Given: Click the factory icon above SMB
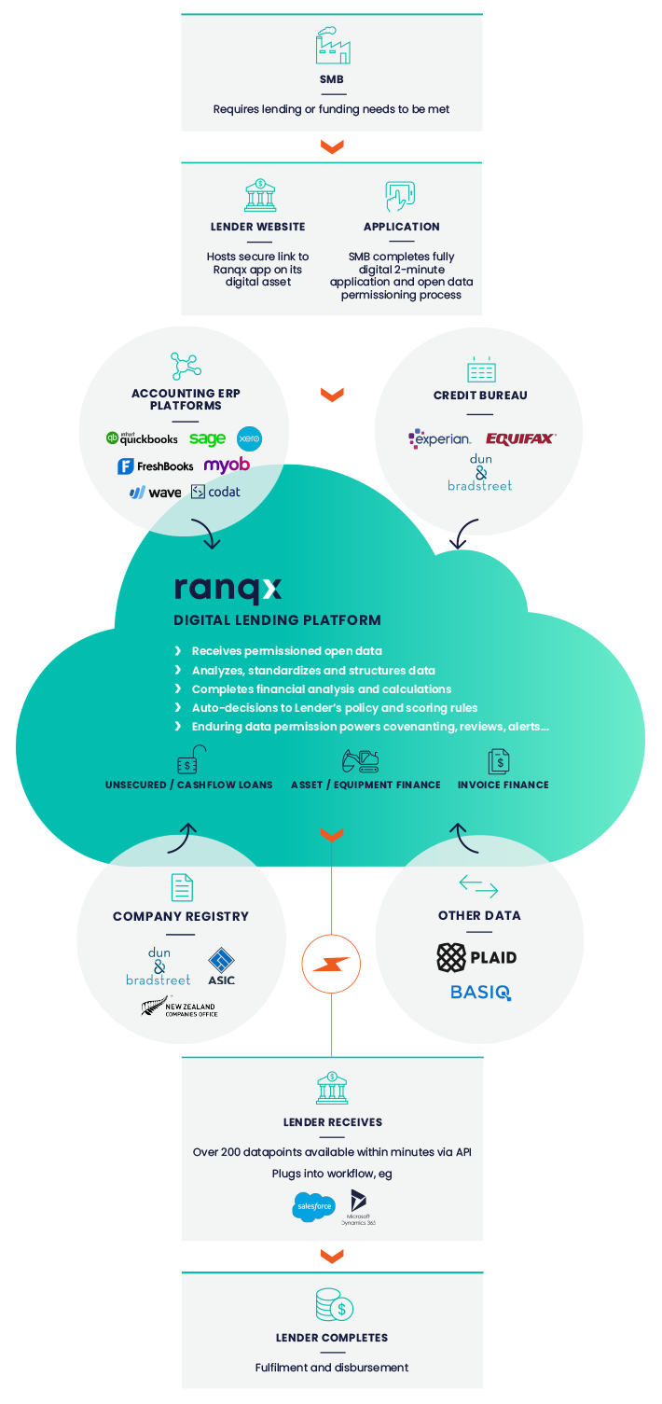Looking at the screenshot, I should point(332,46).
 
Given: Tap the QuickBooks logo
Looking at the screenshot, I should point(142,438).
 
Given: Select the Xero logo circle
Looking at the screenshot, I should point(249,438).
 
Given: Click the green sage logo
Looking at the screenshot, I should point(207,438).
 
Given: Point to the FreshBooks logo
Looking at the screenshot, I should point(156,466).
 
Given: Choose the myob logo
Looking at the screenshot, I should point(227,465).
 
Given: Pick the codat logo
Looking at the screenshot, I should point(215,492).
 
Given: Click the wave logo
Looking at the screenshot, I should point(155,492).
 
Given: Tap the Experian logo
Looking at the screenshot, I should point(440,438).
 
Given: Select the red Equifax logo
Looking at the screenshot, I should point(520,438).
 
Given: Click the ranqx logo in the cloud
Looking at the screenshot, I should point(228,590).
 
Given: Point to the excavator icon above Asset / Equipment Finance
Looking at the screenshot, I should point(360,761).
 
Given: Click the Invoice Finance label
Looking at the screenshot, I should point(503,785).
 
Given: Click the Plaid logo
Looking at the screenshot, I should point(476,957).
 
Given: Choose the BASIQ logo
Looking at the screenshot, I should point(480,992).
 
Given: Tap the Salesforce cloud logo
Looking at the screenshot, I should point(313,1206).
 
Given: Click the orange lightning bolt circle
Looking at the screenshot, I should point(331,964).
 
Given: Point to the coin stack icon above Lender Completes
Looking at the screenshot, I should point(333,1304).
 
